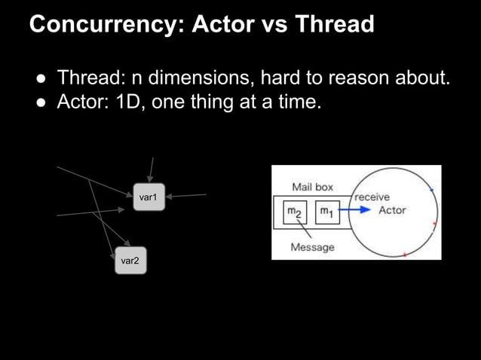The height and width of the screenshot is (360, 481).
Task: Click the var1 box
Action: (148, 197)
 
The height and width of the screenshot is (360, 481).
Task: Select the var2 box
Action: (130, 261)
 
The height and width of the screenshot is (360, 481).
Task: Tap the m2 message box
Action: (295, 212)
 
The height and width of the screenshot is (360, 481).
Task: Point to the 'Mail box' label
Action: (312, 186)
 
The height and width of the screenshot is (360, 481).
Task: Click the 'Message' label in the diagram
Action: (312, 247)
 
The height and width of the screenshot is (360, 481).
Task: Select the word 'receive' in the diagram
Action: (372, 197)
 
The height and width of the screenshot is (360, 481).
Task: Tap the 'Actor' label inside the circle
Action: (392, 210)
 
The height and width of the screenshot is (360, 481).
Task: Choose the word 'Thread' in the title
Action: (334, 25)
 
